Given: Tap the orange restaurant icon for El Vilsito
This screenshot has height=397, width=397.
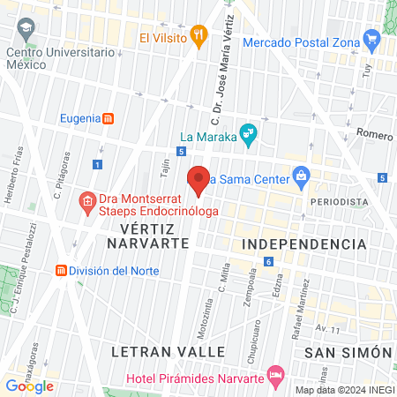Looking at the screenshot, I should point(200,37).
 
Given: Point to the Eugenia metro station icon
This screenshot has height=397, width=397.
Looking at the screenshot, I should point(108,118).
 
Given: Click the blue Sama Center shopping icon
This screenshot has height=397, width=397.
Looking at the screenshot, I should point(301,176).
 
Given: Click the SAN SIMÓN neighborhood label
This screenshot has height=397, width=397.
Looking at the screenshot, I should point(347,351).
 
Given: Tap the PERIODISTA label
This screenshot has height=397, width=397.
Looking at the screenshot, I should point(339,201).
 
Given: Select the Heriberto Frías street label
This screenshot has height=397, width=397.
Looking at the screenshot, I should point(15,186).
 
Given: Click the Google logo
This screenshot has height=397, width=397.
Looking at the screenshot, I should point(30,386).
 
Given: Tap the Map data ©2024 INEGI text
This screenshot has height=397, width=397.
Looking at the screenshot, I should point(344,390).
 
